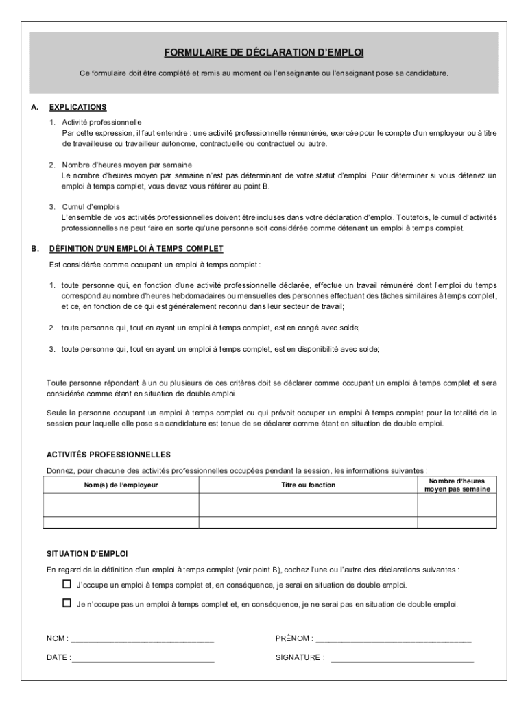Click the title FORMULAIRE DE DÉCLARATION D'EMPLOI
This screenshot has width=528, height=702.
pos(264,53)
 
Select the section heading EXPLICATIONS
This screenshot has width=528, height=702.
pos(77,107)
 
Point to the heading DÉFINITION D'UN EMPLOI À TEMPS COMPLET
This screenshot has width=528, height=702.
pos(136,248)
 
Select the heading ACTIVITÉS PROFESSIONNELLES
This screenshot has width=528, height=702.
pos(108,455)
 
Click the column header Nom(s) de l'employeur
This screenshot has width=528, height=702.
pos(121,485)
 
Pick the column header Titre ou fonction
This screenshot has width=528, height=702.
pos(308,485)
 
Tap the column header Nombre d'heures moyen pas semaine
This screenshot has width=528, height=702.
pos(456,485)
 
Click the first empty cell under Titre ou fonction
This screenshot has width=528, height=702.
pos(308,500)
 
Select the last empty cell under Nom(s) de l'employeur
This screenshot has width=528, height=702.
pos(121,522)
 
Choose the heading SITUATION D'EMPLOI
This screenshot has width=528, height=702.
pos(86,553)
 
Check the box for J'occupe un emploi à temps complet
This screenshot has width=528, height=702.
pos(67,585)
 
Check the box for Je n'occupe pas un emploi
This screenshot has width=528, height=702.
pos(67,604)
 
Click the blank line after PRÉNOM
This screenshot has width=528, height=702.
pos(394,640)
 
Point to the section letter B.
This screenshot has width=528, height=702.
pos(34,248)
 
